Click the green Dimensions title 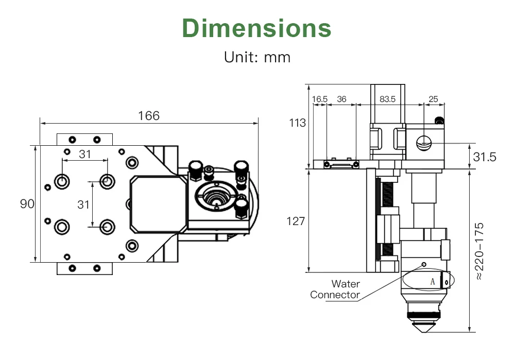(256, 28)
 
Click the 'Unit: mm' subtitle (257, 57)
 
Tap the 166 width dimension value (149, 115)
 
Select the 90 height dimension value (27, 204)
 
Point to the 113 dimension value (297, 123)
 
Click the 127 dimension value (296, 221)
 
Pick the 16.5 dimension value (320, 99)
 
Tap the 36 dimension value (341, 99)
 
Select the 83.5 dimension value (387, 99)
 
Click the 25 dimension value (433, 99)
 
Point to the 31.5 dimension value (485, 157)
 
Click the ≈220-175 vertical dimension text (480, 251)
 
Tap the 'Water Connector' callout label (336, 289)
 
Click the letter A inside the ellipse (433, 281)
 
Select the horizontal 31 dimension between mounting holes (85, 153)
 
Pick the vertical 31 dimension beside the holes (83, 204)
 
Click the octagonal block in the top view (157, 202)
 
